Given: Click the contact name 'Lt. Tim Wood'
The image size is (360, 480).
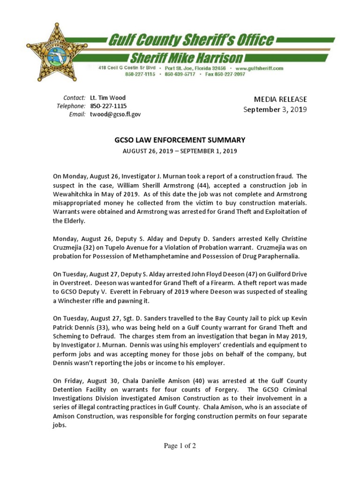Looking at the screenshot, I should tap(108, 98).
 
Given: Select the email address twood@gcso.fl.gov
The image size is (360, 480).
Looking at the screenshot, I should tap(115, 114).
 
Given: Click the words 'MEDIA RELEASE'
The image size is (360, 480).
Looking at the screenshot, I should tap(280, 99).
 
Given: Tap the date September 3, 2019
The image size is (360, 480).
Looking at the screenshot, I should tap(275, 110).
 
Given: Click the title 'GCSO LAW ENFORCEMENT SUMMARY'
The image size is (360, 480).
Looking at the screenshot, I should tap(180, 140).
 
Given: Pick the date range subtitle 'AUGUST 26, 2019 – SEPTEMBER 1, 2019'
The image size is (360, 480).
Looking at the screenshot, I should tap(180, 151).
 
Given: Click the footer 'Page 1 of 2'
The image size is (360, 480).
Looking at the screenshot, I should tap(180, 446).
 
